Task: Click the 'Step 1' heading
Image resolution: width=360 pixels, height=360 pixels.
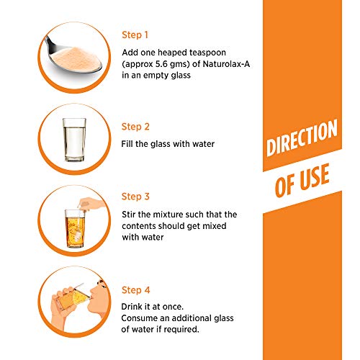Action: [x=135, y=35]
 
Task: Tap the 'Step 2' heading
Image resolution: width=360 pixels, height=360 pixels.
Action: [x=135, y=127]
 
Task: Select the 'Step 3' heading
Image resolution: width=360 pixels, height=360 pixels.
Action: [x=135, y=197]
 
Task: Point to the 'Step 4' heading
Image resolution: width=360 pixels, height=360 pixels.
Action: [x=136, y=290]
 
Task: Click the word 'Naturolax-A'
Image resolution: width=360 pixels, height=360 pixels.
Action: [x=226, y=64]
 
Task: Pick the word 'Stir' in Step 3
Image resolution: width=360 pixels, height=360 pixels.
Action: [x=129, y=215]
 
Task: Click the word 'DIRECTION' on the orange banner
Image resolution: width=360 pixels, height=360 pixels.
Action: [x=302, y=138]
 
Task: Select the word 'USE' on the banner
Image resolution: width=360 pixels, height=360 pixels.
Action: [x=315, y=176]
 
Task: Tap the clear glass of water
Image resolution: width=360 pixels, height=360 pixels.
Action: [x=74, y=140]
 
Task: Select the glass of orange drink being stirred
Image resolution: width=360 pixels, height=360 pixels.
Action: [x=75, y=229]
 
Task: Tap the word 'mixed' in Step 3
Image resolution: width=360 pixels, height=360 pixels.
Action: [x=215, y=226]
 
